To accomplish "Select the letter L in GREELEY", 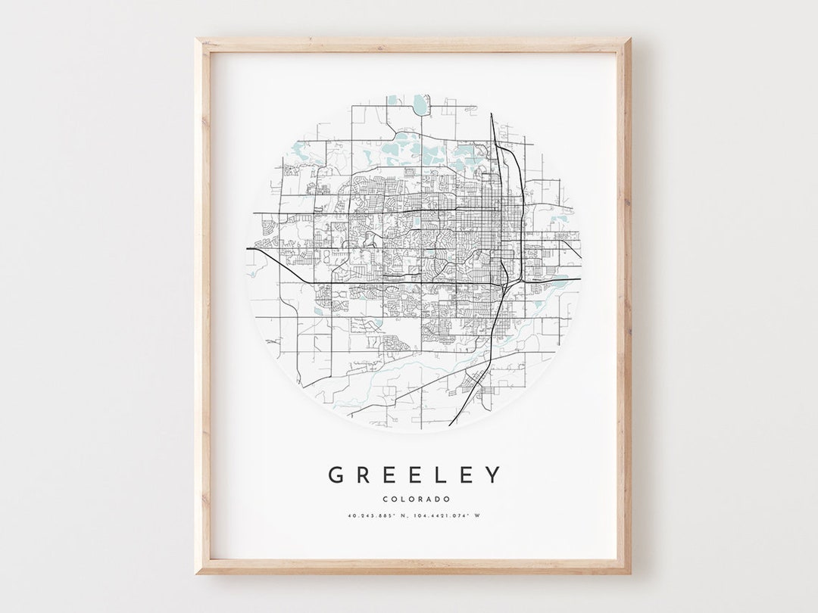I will click(x=442, y=475).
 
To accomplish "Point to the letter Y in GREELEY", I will click(x=493, y=475).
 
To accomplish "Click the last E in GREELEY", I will click(x=467, y=475).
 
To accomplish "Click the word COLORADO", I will click(x=416, y=499).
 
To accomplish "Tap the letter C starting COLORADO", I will click(x=386, y=499).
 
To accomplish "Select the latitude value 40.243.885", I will click(x=373, y=516).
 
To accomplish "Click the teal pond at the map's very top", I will click(x=420, y=105).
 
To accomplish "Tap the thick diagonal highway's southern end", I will click(x=451, y=425).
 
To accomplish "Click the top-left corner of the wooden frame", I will click(x=197, y=39).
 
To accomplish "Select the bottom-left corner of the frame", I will click(x=197, y=572).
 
